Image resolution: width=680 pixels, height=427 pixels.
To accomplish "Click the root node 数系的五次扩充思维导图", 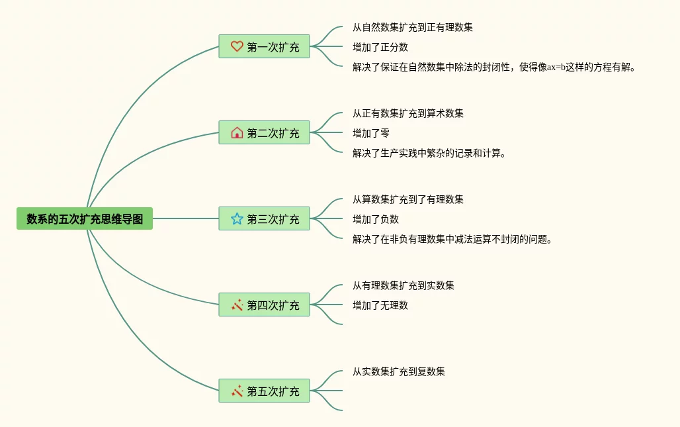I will [85, 218].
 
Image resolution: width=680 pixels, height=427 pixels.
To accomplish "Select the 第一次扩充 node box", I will [264, 47].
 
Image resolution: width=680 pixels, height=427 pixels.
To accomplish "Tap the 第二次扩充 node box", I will [264, 133].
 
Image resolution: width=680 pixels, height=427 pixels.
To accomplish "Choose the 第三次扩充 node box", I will [264, 219].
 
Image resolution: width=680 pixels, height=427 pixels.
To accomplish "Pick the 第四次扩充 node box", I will [264, 305].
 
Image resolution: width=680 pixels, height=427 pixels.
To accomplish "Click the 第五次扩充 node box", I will [264, 391].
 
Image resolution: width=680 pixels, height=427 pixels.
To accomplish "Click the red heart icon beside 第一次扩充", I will [237, 47].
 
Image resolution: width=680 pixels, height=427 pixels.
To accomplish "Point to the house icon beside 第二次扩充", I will [237, 133].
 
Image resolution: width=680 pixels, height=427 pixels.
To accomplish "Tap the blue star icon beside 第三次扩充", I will [237, 218].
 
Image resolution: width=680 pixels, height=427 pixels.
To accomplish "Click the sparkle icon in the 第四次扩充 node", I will [237, 305].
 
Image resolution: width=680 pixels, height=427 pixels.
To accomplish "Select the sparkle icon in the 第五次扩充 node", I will [237, 391].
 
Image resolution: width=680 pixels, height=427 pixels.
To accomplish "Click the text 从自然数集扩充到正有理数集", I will [413, 28].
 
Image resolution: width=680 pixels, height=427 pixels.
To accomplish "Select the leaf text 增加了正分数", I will [380, 47].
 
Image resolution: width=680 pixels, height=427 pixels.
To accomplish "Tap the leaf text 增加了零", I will [371, 133].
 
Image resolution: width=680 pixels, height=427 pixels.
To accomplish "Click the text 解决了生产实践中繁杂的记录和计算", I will [429, 154].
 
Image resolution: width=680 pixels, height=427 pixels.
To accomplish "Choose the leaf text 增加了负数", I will [376, 219].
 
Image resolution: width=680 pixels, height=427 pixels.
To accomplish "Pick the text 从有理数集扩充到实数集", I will [404, 285].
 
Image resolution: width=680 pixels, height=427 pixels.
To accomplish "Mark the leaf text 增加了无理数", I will [380, 305].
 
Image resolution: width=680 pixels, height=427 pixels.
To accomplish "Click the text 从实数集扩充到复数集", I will [399, 371].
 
